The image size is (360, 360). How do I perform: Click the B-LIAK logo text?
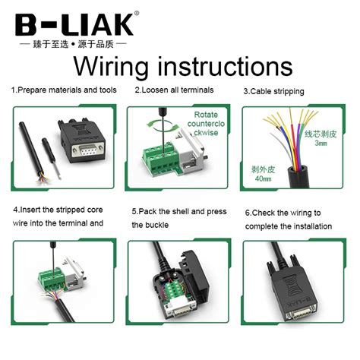pyautogui.click(x=75, y=22)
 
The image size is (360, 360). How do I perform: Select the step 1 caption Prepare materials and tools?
pyautogui.click(x=64, y=90)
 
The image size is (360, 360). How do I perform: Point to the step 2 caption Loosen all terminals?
pyautogui.click(x=174, y=90)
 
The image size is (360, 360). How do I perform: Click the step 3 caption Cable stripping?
pyautogui.click(x=273, y=91)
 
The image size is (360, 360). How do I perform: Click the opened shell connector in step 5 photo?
pyautogui.click(x=178, y=285)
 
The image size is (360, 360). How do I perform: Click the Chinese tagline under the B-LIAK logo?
pyautogui.click(x=75, y=44)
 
